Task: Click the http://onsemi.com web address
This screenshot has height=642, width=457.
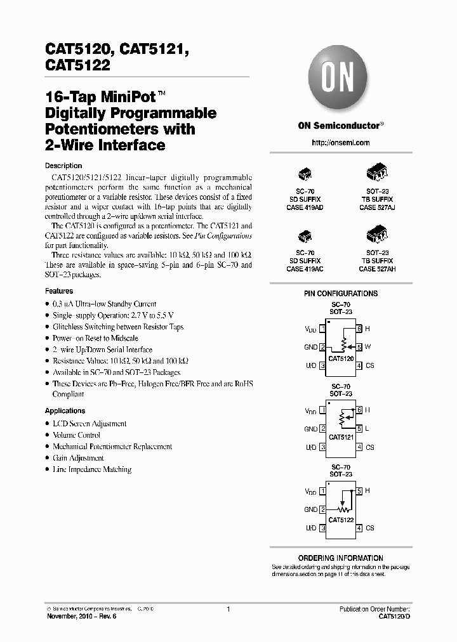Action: click(x=341, y=143)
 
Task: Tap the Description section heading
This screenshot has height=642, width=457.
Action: click(x=63, y=166)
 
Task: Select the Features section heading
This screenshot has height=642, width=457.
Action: click(x=59, y=291)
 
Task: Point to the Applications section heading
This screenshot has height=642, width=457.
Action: click(x=65, y=410)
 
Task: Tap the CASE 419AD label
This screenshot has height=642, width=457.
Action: click(x=305, y=207)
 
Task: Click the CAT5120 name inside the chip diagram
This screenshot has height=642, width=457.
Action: click(x=341, y=359)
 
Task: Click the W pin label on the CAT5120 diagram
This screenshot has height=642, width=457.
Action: click(x=368, y=347)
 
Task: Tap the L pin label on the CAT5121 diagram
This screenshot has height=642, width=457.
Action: click(x=367, y=429)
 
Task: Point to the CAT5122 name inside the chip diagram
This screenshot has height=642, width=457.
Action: click(x=341, y=520)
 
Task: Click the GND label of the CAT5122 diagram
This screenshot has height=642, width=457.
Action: click(x=311, y=509)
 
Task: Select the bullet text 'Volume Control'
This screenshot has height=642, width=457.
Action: click(x=76, y=435)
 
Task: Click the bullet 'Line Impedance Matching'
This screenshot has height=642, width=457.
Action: click(x=92, y=469)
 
